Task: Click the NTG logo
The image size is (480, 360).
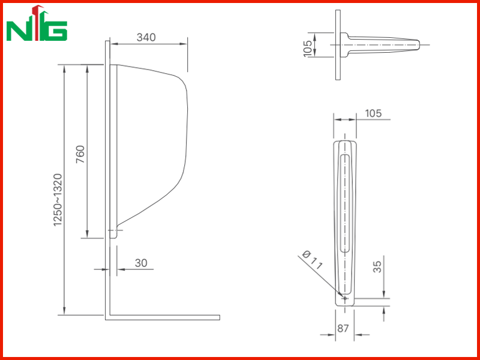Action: [37, 23]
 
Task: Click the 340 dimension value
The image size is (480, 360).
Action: [146, 37]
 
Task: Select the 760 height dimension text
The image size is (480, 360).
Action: [80, 154]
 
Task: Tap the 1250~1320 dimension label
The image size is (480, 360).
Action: [58, 200]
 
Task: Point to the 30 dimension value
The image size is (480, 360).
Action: [141, 263]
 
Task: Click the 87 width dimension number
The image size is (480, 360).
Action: [343, 328]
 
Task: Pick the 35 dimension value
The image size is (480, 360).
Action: [378, 266]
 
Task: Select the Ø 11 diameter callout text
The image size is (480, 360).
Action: [312, 260]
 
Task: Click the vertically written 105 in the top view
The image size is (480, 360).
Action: [308, 48]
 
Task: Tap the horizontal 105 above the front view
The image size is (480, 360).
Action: [373, 113]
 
